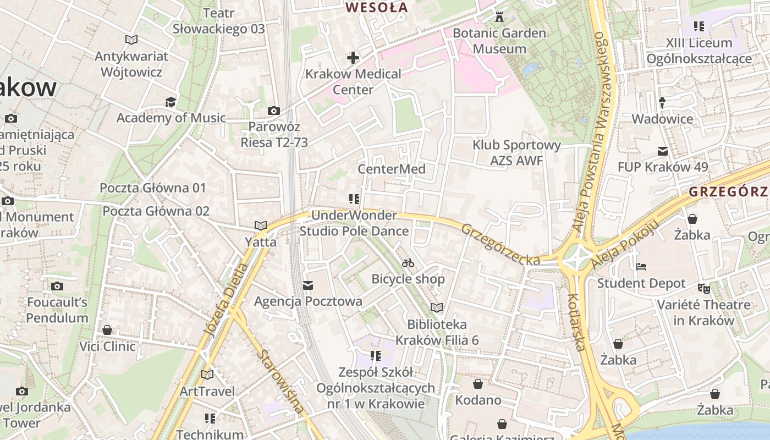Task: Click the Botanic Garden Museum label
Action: point(499,41)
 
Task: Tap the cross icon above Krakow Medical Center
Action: point(353,57)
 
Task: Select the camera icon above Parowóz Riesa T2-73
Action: point(273,111)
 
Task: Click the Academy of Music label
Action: point(171,118)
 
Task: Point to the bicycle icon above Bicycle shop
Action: point(408,263)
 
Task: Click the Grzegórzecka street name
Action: point(501,245)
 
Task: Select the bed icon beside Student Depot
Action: point(641,267)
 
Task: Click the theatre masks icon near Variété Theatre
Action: point(703,288)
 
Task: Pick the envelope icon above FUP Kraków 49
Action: point(663,151)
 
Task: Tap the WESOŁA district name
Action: point(377,8)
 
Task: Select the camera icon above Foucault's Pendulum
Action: point(57,286)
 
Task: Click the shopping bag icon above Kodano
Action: point(478,383)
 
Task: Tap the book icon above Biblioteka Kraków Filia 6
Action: point(436,307)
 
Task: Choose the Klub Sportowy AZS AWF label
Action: point(516,152)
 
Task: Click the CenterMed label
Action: point(392,169)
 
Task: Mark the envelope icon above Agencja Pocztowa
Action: point(308,285)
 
